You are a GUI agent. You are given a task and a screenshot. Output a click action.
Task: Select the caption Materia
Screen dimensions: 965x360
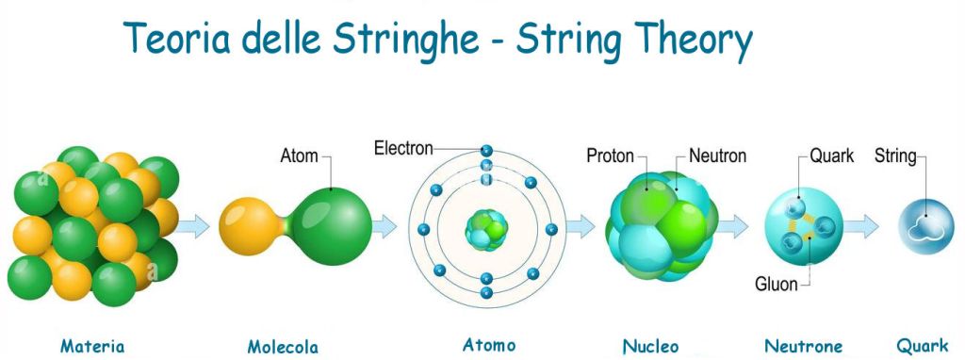click(92, 346)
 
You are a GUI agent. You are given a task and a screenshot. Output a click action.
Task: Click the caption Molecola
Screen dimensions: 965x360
click(283, 347)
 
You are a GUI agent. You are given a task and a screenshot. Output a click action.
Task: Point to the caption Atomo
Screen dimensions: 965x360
click(489, 345)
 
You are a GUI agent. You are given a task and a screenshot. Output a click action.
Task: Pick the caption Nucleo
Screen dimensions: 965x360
click(650, 346)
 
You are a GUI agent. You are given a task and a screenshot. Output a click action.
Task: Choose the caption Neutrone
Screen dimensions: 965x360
click(803, 346)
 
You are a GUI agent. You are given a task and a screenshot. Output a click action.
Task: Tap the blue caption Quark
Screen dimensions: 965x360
click(923, 346)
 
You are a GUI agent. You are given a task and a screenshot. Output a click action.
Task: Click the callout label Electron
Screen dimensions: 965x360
click(403, 149)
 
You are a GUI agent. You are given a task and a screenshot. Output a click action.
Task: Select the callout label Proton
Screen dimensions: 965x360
click(610, 155)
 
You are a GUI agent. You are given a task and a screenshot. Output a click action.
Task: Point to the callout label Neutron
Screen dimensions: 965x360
click(717, 155)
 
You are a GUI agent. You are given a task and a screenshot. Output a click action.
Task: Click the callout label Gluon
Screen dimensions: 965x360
click(777, 285)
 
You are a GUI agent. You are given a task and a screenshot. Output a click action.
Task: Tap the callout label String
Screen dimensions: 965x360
click(895, 155)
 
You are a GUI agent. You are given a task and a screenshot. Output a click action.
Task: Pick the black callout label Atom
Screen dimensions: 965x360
click(299, 155)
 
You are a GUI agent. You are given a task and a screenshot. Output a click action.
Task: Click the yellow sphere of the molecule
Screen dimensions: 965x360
click(250, 226)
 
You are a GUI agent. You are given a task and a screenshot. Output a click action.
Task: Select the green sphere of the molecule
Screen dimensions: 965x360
click(332, 226)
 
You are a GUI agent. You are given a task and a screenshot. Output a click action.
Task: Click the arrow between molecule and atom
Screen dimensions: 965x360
click(384, 226)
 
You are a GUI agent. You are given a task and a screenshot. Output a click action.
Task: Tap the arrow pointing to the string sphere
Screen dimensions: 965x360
click(861, 226)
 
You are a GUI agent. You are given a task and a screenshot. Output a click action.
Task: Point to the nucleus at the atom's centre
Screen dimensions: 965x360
click(486, 230)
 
